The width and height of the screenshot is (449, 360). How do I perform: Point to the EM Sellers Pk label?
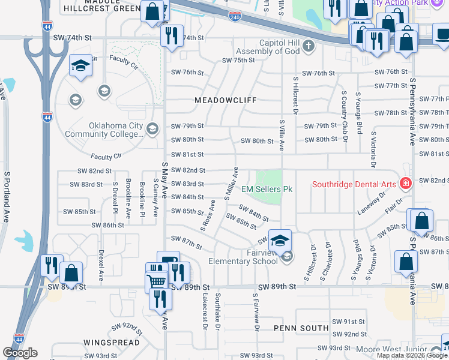click(x=267, y=189)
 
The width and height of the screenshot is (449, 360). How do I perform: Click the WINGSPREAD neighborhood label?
click(x=112, y=343)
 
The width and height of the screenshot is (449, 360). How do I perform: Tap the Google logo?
click(x=19, y=352)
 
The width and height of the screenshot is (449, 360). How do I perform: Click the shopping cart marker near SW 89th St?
click(x=156, y=281)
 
